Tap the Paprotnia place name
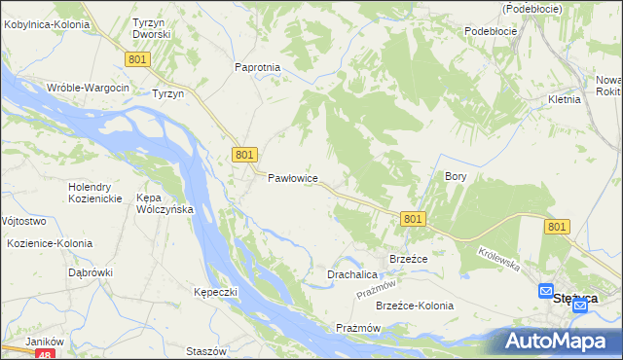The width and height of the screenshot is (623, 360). click(258, 67)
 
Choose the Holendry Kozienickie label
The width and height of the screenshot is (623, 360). click(94, 193)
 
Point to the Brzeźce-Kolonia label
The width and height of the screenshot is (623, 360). click(415, 306)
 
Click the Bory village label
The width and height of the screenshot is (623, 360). click(457, 177)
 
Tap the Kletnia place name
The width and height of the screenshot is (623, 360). click(564, 99)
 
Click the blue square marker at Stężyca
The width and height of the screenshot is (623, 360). click(546, 291)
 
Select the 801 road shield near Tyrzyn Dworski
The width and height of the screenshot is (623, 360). click(137, 60)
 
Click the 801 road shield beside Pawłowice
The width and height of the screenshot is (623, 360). click(244, 155)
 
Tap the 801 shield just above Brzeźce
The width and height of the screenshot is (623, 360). click(412, 220)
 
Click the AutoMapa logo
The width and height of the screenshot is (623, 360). click(559, 341)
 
